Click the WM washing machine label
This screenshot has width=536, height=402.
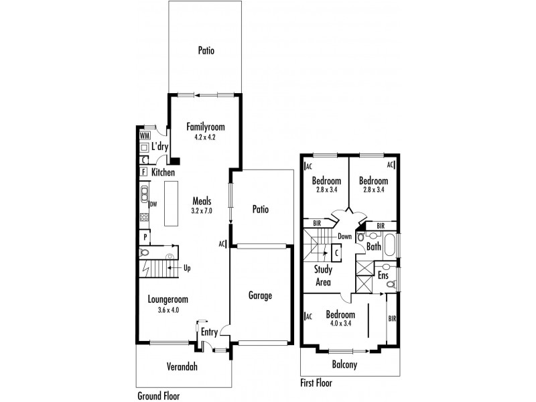point(145,135)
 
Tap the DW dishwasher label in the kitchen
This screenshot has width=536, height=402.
point(153,204)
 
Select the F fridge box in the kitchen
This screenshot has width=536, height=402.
point(143,172)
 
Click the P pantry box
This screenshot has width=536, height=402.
point(145,237)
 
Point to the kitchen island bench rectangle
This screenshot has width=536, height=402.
point(172,204)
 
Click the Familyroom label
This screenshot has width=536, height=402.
point(206,127)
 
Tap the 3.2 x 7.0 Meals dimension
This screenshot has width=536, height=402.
point(202,210)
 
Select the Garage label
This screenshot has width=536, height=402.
point(260,295)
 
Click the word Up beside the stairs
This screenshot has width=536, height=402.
point(187,268)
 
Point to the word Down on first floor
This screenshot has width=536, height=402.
point(344,237)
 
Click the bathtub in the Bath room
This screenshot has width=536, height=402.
point(390,245)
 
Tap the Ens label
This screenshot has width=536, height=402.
point(383,275)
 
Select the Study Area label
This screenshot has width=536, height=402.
point(323,275)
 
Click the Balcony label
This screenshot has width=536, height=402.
point(344,364)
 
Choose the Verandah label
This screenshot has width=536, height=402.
point(182,366)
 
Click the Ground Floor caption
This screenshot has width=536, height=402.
point(159,396)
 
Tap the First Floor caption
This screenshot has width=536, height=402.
point(316,383)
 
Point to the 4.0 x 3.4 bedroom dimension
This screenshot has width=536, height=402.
point(340,323)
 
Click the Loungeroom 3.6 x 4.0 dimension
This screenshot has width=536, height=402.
point(168,310)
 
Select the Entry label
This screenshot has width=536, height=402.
point(209,332)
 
